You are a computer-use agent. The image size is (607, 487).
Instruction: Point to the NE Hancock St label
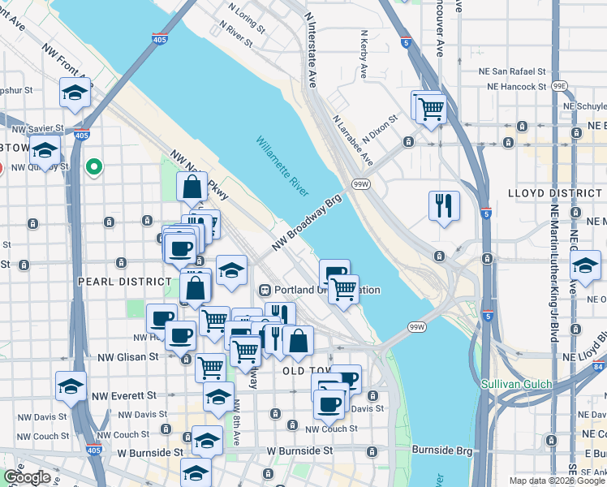tap(518, 85)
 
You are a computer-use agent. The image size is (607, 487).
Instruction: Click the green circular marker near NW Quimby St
tap(95, 167)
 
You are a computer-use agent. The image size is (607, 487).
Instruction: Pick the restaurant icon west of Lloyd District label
tap(443, 205)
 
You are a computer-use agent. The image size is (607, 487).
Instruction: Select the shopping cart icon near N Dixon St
tap(431, 108)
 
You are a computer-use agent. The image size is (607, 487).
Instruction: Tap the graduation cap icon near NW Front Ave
tap(75, 93)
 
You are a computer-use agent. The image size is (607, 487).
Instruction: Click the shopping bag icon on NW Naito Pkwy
tap(192, 186)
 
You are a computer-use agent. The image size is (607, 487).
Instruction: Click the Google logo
tap(26, 477)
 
